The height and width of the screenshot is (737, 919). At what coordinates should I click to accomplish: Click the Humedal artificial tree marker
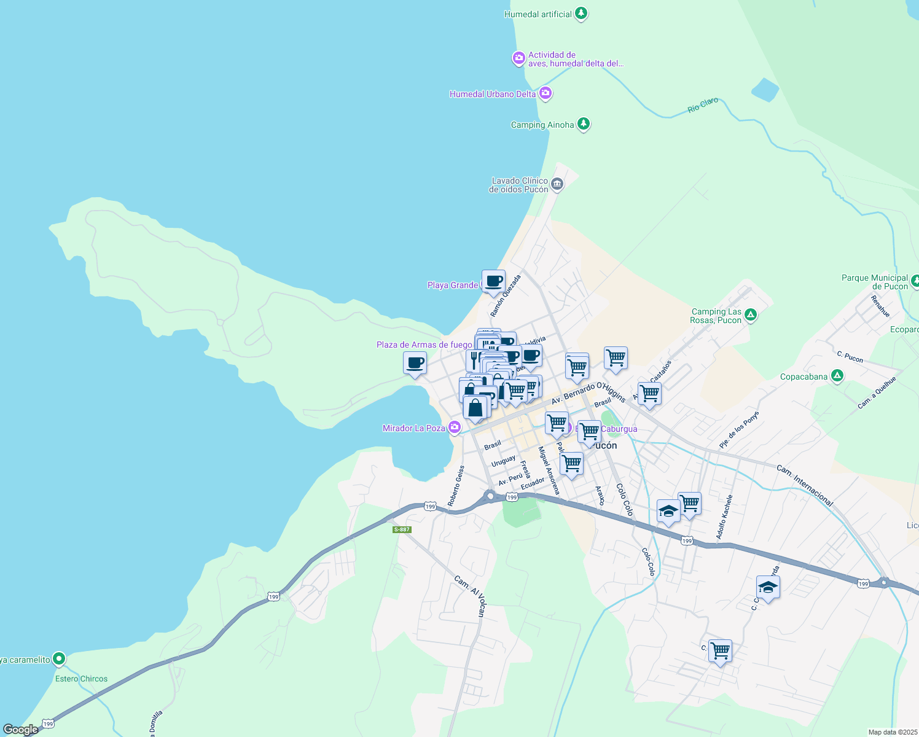click(x=581, y=14)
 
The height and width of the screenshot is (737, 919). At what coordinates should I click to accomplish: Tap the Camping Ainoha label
click(x=542, y=125)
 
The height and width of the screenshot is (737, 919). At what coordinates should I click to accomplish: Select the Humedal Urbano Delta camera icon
click(x=545, y=93)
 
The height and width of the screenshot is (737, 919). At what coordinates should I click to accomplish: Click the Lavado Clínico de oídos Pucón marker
click(x=557, y=184)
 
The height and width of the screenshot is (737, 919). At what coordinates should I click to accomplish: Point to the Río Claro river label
click(x=703, y=105)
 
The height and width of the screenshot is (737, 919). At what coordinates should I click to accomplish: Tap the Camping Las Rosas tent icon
click(x=750, y=316)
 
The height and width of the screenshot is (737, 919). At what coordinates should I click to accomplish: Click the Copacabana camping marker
click(x=837, y=376)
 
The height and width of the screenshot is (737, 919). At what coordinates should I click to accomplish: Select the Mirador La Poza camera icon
click(x=454, y=427)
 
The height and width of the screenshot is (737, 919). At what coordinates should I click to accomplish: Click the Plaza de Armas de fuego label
click(x=424, y=345)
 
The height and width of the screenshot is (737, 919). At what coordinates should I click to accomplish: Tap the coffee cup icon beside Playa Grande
click(x=493, y=281)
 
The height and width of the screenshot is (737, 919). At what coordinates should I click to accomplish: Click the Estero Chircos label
click(x=81, y=679)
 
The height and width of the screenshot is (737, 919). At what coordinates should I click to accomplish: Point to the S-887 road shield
click(x=402, y=529)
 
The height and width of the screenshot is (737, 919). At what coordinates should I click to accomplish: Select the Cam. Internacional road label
click(x=805, y=485)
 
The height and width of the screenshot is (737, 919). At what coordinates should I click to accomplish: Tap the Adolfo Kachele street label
click(x=724, y=517)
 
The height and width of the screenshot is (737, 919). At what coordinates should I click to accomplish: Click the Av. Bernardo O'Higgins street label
click(x=588, y=393)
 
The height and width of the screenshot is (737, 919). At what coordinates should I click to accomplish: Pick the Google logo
click(x=20, y=730)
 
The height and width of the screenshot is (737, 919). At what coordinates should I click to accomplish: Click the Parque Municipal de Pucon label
click(x=874, y=282)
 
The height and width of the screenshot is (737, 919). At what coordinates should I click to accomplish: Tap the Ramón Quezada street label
click(x=506, y=295)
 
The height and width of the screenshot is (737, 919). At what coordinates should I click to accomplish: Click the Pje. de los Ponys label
click(x=739, y=429)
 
